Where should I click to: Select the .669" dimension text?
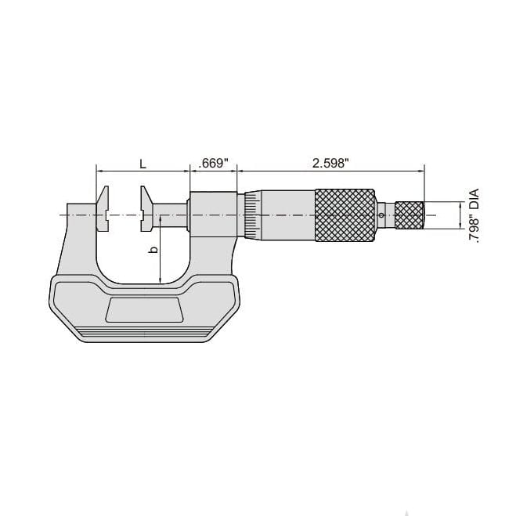pos(213,163)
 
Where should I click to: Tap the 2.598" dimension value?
pos(330,163)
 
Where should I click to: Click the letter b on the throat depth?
pos(153,251)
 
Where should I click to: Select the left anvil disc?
pos(103,210)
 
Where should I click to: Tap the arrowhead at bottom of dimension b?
pos(160,281)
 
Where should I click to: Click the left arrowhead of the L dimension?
pos(99,170)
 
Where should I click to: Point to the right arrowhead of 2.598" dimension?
pos(420,170)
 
